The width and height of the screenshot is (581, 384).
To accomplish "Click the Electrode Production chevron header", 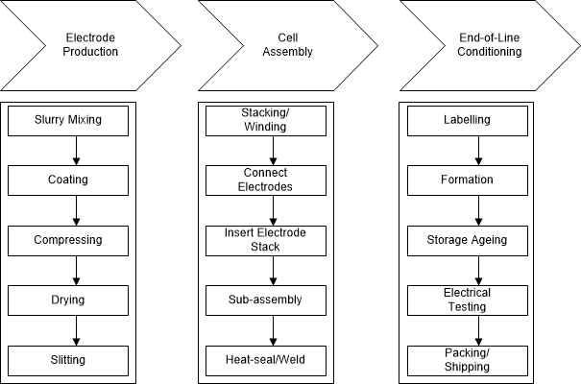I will pos(91,45).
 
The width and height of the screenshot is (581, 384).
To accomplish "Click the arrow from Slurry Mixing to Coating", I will pos(76,151).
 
